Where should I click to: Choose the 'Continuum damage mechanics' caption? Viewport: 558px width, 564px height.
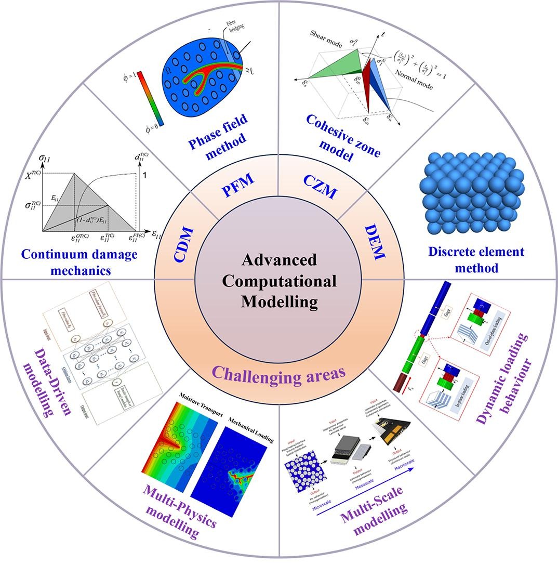pos(79,263)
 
